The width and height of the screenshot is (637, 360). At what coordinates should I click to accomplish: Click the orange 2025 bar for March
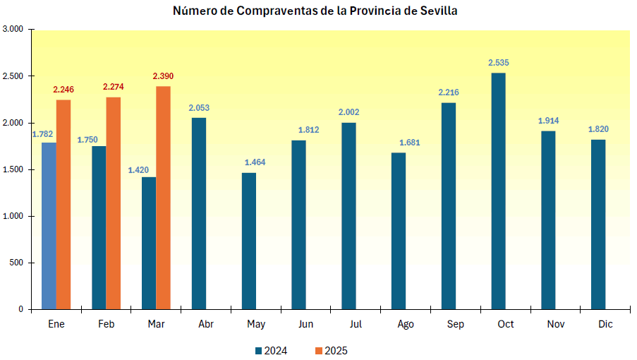[163, 198]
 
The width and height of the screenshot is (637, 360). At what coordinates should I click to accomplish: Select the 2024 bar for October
[498, 191]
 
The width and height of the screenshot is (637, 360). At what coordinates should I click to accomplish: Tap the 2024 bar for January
[49, 226]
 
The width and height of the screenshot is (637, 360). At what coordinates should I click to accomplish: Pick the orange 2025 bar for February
[113, 203]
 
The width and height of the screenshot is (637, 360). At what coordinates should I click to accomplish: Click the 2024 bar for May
[249, 241]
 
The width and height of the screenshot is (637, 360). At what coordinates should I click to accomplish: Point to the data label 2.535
[498, 63]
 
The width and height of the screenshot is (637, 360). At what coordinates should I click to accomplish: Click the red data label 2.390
[163, 76]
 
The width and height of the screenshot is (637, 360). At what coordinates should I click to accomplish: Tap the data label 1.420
[138, 170]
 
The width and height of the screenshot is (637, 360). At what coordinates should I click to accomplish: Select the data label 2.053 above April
[199, 108]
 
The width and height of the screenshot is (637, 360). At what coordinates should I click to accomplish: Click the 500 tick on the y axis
[16, 263]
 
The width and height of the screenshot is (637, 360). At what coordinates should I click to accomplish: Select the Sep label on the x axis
[456, 324]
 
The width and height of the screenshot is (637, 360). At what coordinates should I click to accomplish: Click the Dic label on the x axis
[605, 324]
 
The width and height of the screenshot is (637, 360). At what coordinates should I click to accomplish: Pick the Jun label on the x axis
[306, 324]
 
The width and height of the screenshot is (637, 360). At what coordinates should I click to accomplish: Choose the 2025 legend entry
[331, 351]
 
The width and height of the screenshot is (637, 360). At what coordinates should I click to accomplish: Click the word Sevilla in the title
[438, 11]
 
